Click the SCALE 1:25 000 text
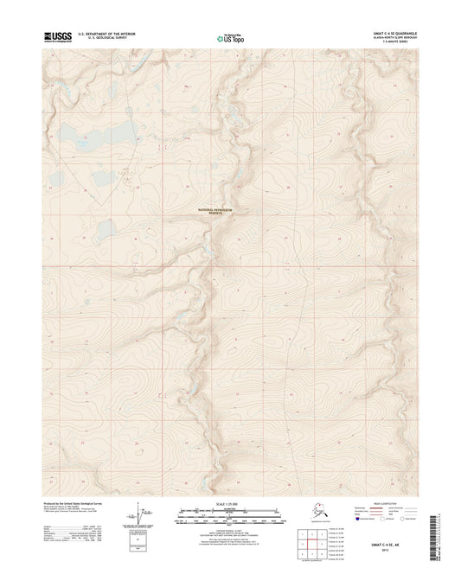(230, 503)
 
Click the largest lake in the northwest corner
(106, 133)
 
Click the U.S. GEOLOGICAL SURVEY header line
(105, 39)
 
